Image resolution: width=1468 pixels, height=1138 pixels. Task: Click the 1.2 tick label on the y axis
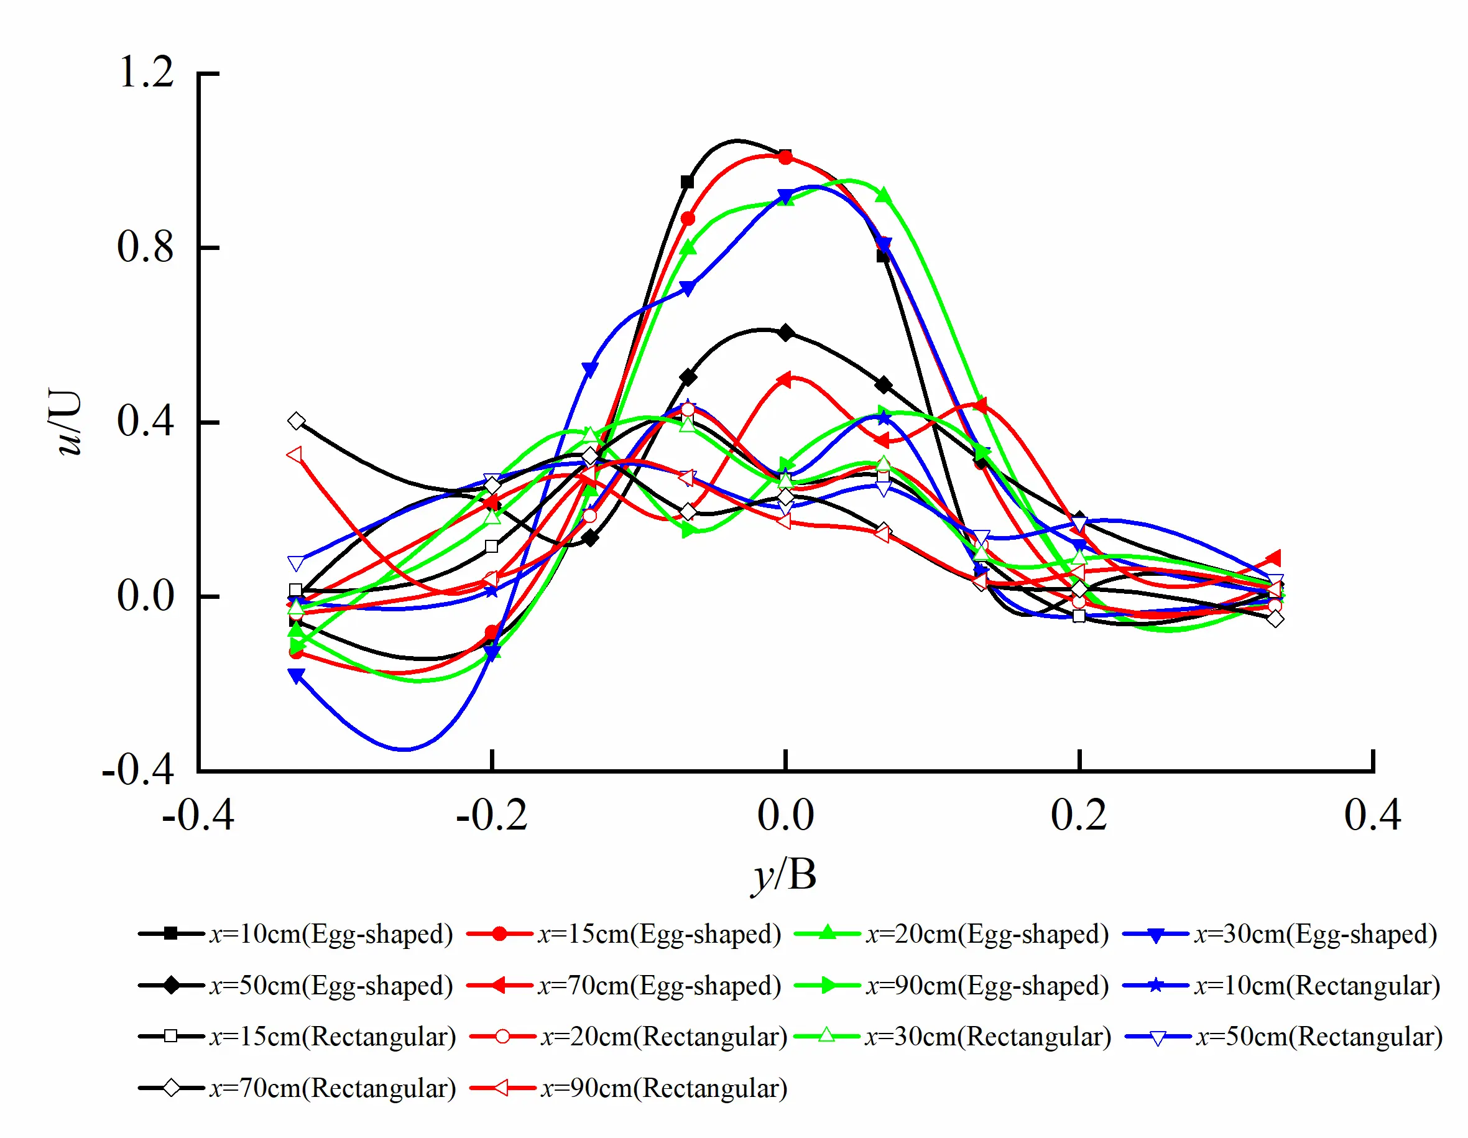click(x=145, y=72)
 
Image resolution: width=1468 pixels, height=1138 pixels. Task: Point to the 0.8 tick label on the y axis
click(x=145, y=247)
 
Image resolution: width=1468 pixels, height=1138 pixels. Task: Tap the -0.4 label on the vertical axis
click(x=139, y=769)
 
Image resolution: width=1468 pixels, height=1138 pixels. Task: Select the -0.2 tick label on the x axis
click(x=491, y=816)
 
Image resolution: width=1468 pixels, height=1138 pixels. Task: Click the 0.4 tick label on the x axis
click(x=1372, y=816)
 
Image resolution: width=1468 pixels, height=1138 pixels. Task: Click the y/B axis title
click(x=785, y=875)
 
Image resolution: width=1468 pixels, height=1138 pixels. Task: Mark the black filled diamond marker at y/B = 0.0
click(x=786, y=333)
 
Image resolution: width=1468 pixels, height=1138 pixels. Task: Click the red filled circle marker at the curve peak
click(x=785, y=157)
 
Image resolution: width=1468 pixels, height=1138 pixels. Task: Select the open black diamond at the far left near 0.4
click(x=297, y=421)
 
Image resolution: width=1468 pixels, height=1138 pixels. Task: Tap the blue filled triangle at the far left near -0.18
click(x=297, y=675)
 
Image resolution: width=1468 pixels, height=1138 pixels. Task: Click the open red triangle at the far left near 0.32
click(x=294, y=455)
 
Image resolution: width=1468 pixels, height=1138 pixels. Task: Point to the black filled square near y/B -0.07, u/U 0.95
click(x=687, y=182)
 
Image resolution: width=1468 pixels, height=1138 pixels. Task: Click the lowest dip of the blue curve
click(x=404, y=748)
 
